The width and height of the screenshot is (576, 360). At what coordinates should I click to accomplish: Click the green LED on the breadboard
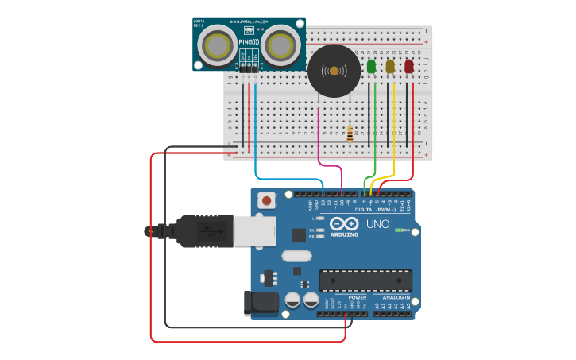point(371,67)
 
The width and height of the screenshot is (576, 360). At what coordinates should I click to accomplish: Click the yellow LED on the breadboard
point(390,67)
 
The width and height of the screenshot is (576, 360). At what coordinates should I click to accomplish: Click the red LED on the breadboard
point(409,67)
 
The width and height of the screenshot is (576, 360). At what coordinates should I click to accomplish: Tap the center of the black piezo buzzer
point(334,72)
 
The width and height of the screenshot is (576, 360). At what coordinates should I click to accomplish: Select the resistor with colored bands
point(350,134)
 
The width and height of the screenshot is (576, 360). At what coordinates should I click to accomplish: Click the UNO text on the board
point(377,224)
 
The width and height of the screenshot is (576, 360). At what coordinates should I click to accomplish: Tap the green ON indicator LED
point(400,230)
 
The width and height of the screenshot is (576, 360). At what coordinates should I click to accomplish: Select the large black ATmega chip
point(365,281)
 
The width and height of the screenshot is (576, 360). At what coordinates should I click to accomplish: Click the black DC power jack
point(262,302)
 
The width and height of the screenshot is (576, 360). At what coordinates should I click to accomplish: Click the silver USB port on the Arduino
point(254,230)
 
